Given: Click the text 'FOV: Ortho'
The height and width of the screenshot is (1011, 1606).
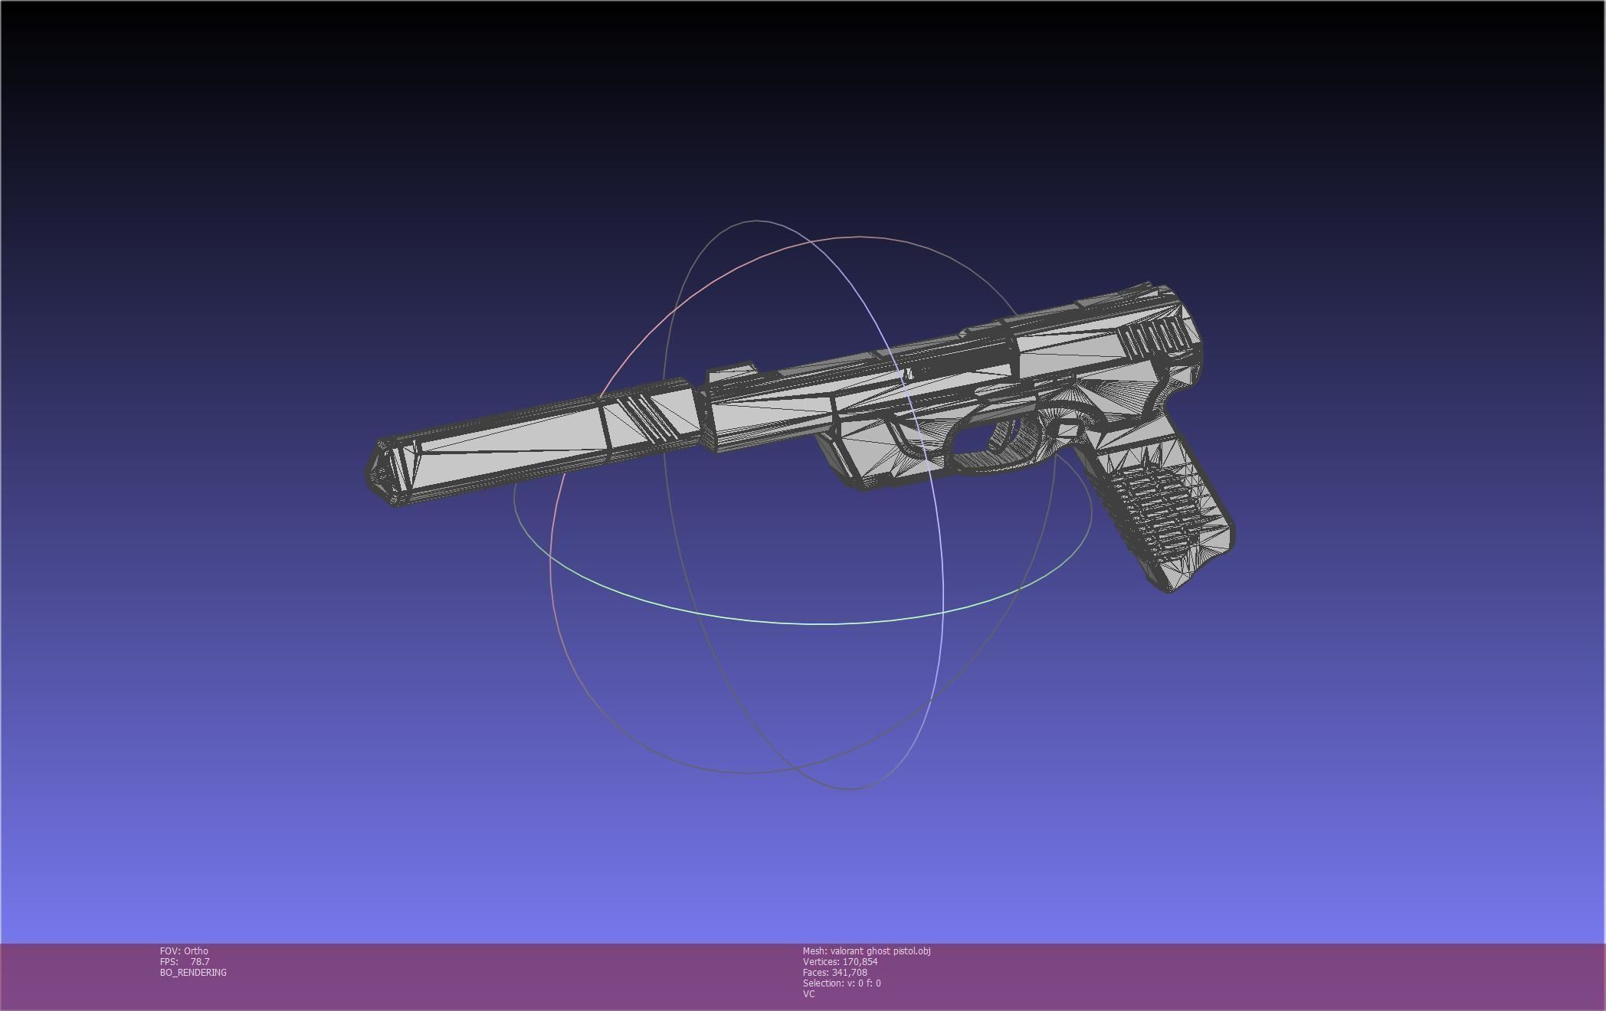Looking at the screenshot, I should (184, 951).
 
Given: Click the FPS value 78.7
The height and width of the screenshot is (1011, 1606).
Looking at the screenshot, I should (200, 962).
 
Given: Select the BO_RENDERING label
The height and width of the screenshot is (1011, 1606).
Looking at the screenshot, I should (193, 973).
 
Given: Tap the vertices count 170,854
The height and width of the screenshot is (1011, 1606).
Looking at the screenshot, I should (860, 962).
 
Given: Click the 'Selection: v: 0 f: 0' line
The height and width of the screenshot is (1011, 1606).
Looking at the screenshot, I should (841, 983).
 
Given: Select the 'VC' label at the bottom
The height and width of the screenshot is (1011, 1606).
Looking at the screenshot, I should (808, 994).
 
